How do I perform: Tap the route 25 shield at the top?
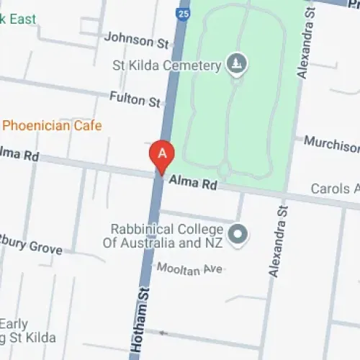pyautogui.click(x=185, y=13)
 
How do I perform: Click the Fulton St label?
pyautogui.click(x=135, y=99)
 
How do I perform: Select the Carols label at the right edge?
pyautogui.click(x=335, y=189)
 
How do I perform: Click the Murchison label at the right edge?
pyautogui.click(x=331, y=143)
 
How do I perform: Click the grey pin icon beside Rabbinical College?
pyautogui.click(x=237, y=234)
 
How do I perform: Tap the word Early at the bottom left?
pyautogui.click(x=14, y=323)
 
